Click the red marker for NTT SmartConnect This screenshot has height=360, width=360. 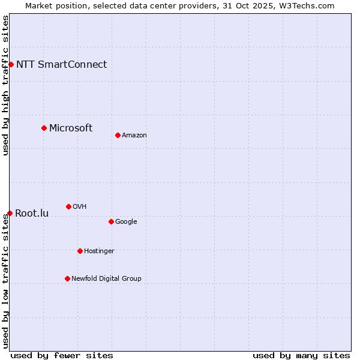pyautogui.click(x=11, y=64)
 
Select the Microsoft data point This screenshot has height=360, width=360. pyautogui.click(x=44, y=128)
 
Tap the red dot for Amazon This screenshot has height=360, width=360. pyautogui.click(x=118, y=135)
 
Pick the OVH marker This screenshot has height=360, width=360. pyautogui.click(x=68, y=206)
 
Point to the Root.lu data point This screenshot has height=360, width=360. pyautogui.click(x=10, y=213)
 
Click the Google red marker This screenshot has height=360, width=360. pyautogui.click(x=111, y=221)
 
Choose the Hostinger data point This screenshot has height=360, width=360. pyautogui.click(x=80, y=251)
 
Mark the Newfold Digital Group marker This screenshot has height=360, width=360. pyautogui.click(x=67, y=278)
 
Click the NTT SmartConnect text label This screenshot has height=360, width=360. pyautogui.click(x=61, y=65)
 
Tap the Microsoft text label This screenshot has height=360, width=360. pyautogui.click(x=71, y=128)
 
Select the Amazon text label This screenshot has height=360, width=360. pyautogui.click(x=134, y=136)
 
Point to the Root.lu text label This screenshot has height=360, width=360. pyautogui.click(x=32, y=213)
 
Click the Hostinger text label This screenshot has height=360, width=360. pyautogui.click(x=99, y=251)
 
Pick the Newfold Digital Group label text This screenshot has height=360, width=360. pyautogui.click(x=106, y=278)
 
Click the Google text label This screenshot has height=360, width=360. pyautogui.click(x=126, y=222)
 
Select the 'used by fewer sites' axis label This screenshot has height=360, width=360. pyautogui.click(x=62, y=355)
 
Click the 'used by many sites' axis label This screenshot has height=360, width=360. pyautogui.click(x=301, y=355)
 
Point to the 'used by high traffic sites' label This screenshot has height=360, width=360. pyautogui.click(x=5, y=85)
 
